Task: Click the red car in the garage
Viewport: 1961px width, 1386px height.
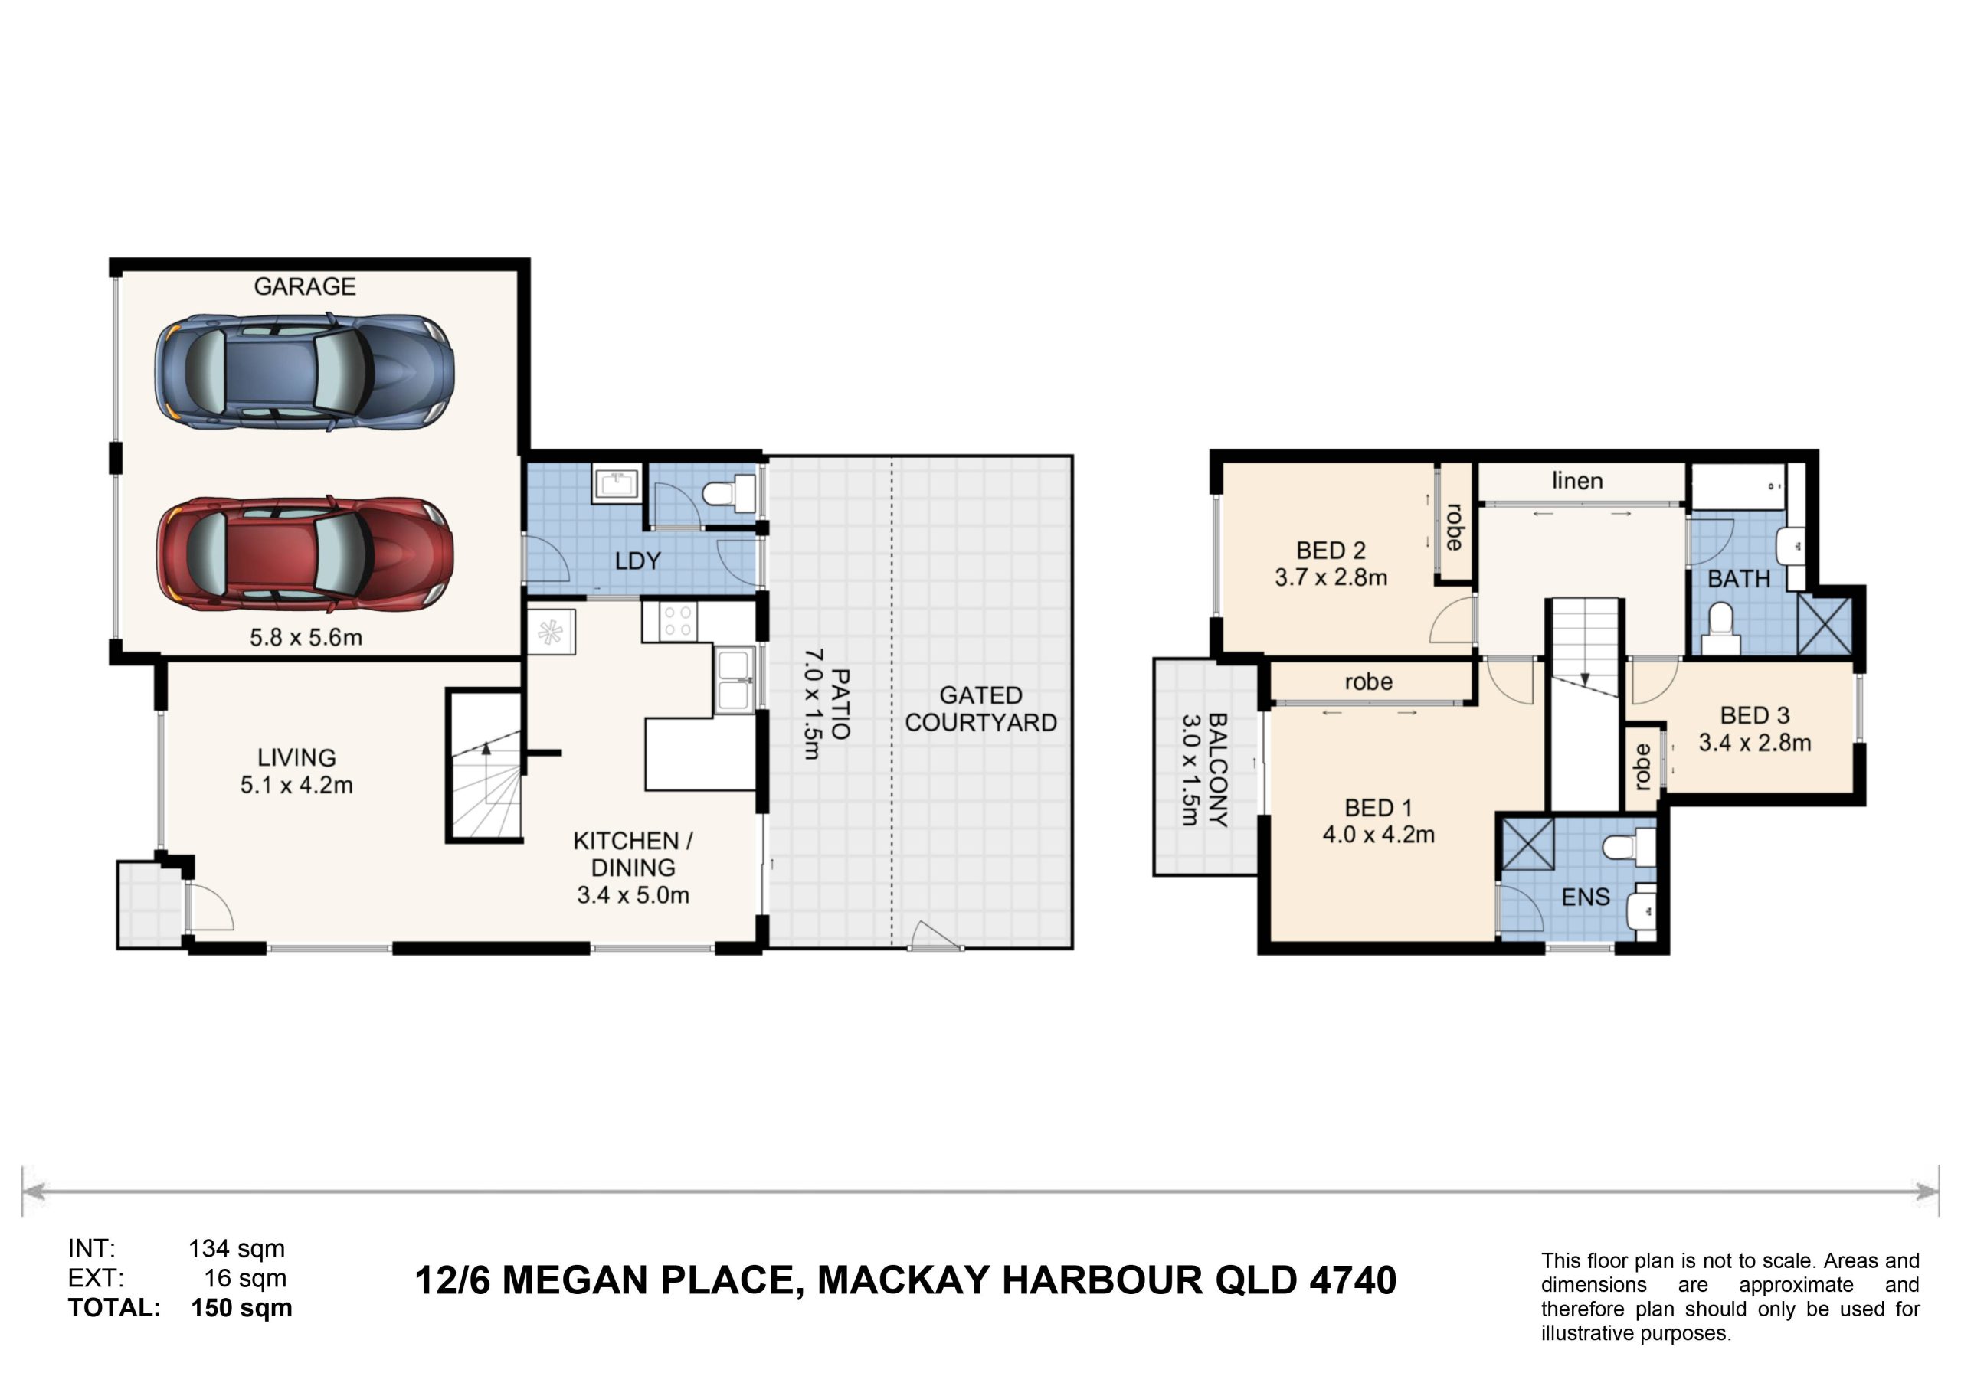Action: pos(304,555)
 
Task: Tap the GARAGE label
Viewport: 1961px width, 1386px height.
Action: pos(305,286)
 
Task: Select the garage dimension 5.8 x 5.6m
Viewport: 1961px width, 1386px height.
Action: pos(306,637)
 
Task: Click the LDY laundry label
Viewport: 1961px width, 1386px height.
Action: pos(638,561)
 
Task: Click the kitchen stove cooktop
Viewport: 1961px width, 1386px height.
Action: pos(669,622)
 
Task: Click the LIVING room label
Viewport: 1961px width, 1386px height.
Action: pos(296,757)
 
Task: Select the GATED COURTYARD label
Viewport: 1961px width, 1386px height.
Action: pos(980,709)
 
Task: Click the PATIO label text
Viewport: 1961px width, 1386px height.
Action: pos(840,704)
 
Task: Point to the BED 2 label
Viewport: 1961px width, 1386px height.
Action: pos(1331,551)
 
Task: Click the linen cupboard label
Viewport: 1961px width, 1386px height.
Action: pos(1577,481)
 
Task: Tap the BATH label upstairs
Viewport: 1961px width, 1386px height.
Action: pos(1739,579)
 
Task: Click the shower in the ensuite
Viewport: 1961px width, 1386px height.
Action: pos(1527,844)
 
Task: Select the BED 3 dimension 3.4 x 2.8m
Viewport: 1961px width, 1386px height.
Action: pos(1754,743)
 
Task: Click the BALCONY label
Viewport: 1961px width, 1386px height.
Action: pos(1219,770)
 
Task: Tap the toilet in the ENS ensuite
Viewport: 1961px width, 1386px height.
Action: pos(1629,846)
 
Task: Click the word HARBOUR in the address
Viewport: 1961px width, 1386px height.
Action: pos(1102,1280)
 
